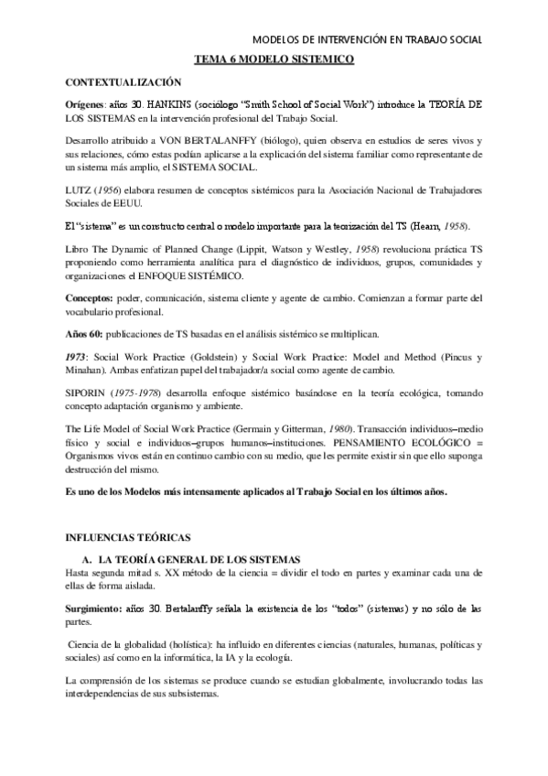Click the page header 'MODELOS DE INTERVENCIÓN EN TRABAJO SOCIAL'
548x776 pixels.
click(366, 39)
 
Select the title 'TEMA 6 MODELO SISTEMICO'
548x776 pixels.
click(274, 59)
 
